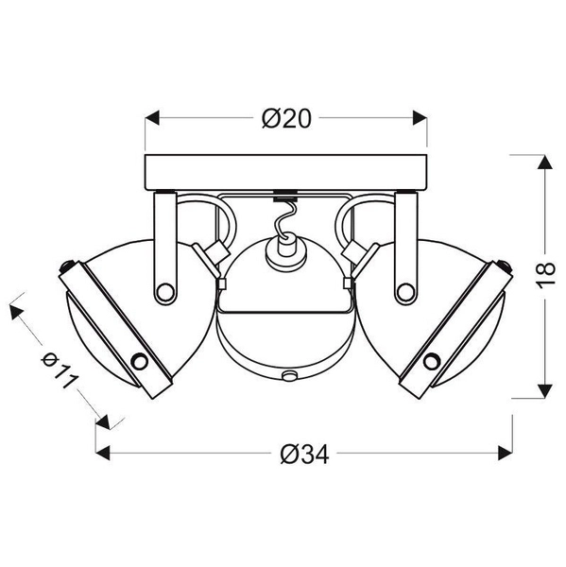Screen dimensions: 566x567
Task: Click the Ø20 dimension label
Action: tap(286, 118)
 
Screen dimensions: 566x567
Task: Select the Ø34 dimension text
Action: tap(304, 454)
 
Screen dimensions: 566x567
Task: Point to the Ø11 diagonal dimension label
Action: tap(60, 369)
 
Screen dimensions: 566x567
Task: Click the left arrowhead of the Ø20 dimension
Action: tap(152, 118)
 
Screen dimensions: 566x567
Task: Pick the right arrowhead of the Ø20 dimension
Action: tap(420, 118)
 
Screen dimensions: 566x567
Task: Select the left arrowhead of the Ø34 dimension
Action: tap(103, 453)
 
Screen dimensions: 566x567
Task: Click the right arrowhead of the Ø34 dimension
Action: tap(506, 453)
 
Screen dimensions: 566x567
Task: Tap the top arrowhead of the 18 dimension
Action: tap(544, 162)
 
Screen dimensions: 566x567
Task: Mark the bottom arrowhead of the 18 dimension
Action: tap(544, 391)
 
